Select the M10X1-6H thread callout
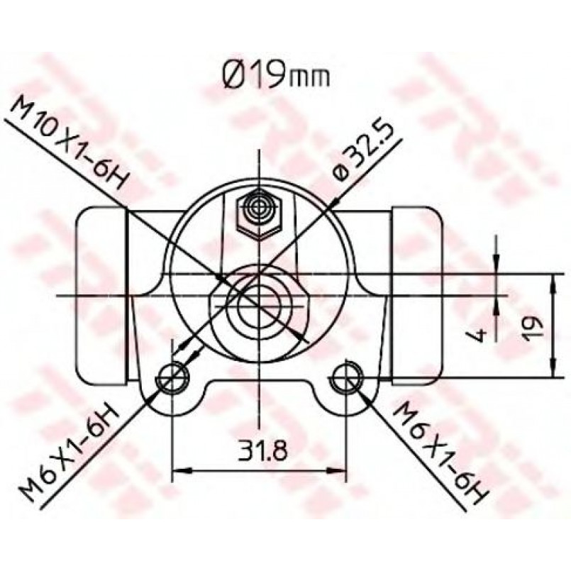[70, 143]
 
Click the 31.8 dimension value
[263, 450]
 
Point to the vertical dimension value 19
[532, 329]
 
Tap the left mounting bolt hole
[172, 378]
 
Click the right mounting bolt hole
[348, 378]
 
